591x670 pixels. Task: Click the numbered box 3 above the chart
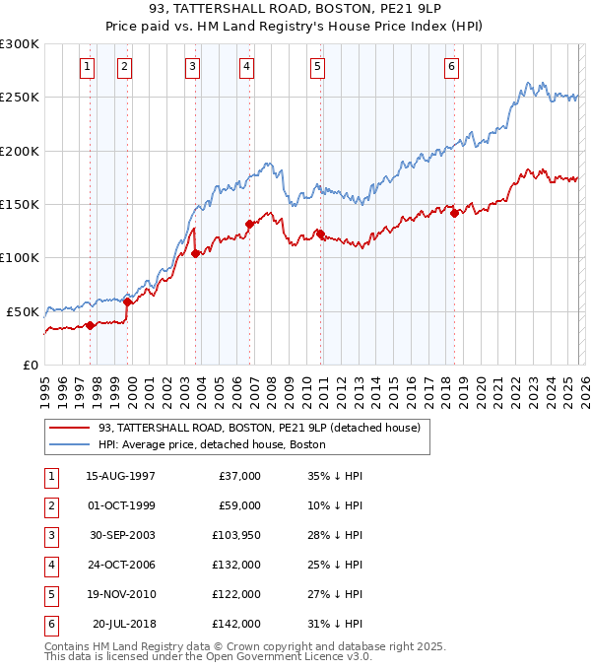pos(192,67)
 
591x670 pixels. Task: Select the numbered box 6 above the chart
pos(451,67)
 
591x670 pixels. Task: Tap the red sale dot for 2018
pos(454,214)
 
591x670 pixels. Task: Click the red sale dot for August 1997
pos(90,325)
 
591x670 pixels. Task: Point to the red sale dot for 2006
pos(249,224)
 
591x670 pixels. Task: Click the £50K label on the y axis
pos(24,311)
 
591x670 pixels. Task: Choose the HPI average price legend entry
pos(212,444)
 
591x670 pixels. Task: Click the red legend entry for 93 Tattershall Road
pos(259,428)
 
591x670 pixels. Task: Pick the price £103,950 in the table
pos(236,534)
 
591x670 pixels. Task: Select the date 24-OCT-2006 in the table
pos(120,564)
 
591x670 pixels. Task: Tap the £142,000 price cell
pos(236,623)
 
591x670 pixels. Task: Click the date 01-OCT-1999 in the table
pos(120,505)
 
